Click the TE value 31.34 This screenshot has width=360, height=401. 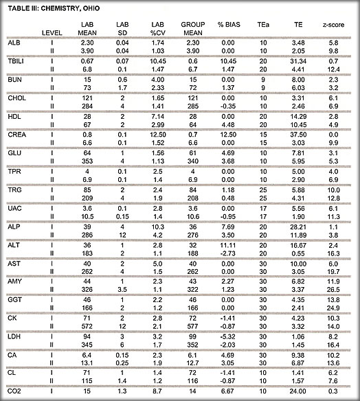tap(297, 61)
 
